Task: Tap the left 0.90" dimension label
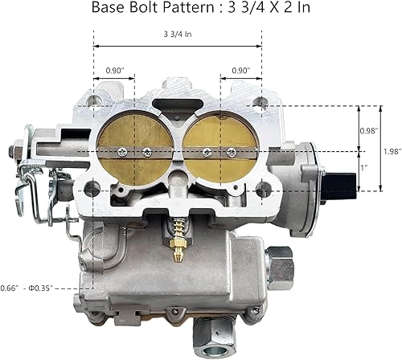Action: (x=114, y=70)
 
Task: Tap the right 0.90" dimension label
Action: (x=240, y=70)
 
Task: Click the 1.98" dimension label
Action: (x=390, y=151)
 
